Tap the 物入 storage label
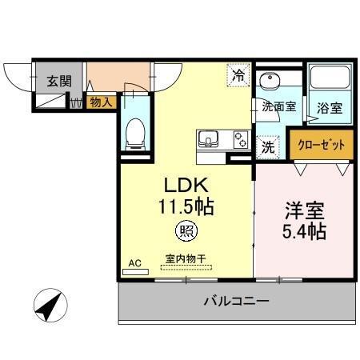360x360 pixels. point(100,102)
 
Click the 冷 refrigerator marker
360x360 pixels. point(239,76)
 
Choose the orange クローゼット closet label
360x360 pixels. point(321,145)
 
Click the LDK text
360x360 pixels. point(185,182)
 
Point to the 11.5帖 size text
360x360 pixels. point(185,206)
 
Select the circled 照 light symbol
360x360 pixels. point(184,233)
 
